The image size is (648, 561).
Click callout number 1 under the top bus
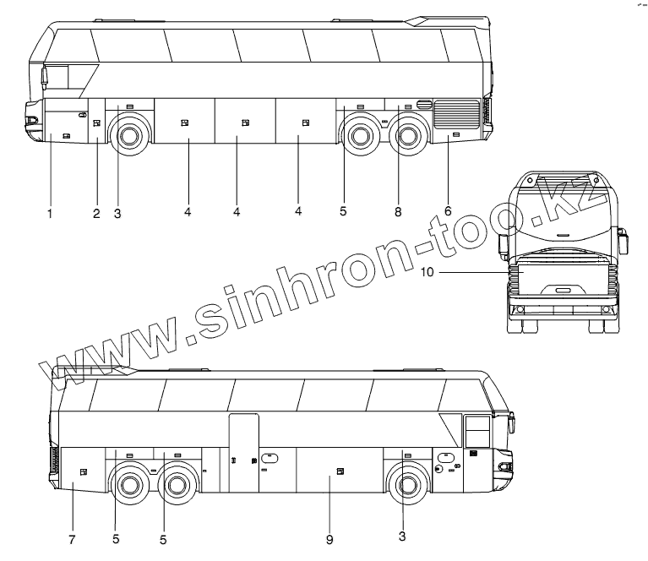pos(50,214)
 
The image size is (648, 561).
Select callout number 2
pos(96,214)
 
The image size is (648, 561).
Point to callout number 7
pos(72,537)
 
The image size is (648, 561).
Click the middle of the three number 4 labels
pos(237,211)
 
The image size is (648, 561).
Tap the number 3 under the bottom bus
pos(402,536)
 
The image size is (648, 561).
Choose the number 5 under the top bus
pos(343,211)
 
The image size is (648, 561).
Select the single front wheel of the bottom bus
pos(407,486)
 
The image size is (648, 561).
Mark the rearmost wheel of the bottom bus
pos(128,486)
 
